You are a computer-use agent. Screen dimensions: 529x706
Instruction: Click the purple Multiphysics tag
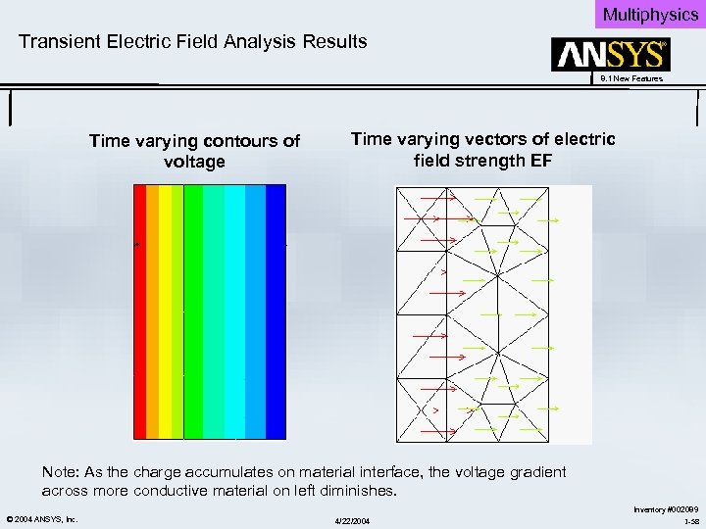(x=649, y=14)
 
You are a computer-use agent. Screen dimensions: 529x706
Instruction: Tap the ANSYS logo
(x=611, y=55)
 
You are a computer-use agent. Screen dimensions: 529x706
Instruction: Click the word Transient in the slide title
(x=60, y=41)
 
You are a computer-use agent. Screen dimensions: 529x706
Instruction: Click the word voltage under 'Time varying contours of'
(x=194, y=162)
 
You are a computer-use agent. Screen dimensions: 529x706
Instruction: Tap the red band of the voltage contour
(x=139, y=313)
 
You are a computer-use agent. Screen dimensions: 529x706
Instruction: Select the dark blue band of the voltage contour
(x=276, y=313)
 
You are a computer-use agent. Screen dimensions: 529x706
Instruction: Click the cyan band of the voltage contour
(x=234, y=313)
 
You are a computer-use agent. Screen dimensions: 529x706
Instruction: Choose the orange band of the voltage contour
(x=152, y=313)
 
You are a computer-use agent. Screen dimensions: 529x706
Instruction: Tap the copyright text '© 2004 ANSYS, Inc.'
(x=41, y=518)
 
